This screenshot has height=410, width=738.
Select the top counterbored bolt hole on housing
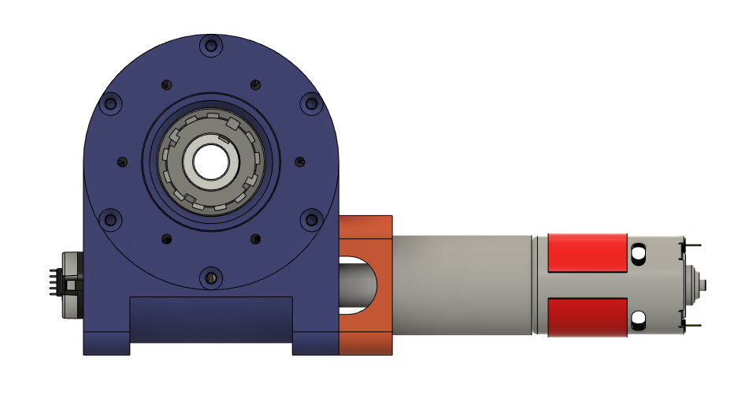point(210,46)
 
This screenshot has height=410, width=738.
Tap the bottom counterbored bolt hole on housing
point(210,277)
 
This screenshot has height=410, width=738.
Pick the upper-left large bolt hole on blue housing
point(111,103)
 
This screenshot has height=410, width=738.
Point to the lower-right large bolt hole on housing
point(311,219)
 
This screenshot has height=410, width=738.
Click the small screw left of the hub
point(121,162)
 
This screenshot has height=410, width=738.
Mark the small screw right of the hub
point(299,162)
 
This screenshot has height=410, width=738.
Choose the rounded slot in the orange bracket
point(358,285)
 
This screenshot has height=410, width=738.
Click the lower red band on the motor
point(587,317)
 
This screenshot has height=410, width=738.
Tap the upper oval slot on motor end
point(639,252)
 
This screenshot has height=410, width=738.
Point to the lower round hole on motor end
point(639,319)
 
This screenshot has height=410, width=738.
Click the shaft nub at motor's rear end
point(703,285)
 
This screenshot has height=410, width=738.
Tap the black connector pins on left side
point(53,285)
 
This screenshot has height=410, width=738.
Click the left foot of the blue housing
point(106,343)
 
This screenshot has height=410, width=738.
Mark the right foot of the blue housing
point(315,343)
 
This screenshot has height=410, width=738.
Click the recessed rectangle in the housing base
point(210,319)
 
